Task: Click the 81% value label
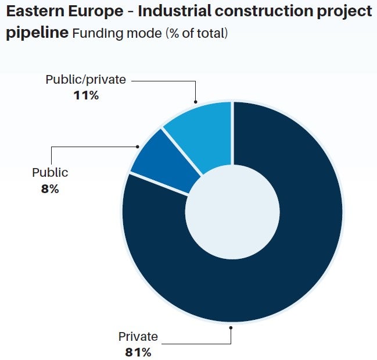(138, 353)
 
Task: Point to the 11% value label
(86, 95)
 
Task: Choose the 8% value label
(50, 189)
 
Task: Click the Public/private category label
(86, 80)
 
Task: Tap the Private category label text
(138, 336)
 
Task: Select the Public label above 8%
(50, 173)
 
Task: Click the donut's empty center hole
(232, 212)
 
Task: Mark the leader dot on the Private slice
(231, 327)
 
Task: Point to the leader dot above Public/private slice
(196, 102)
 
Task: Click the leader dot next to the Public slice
(138, 147)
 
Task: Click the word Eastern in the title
(35, 11)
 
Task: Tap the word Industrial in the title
(174, 11)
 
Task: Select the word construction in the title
(264, 12)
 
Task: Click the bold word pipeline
(37, 33)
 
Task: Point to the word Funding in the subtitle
(98, 33)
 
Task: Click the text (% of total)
(197, 33)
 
